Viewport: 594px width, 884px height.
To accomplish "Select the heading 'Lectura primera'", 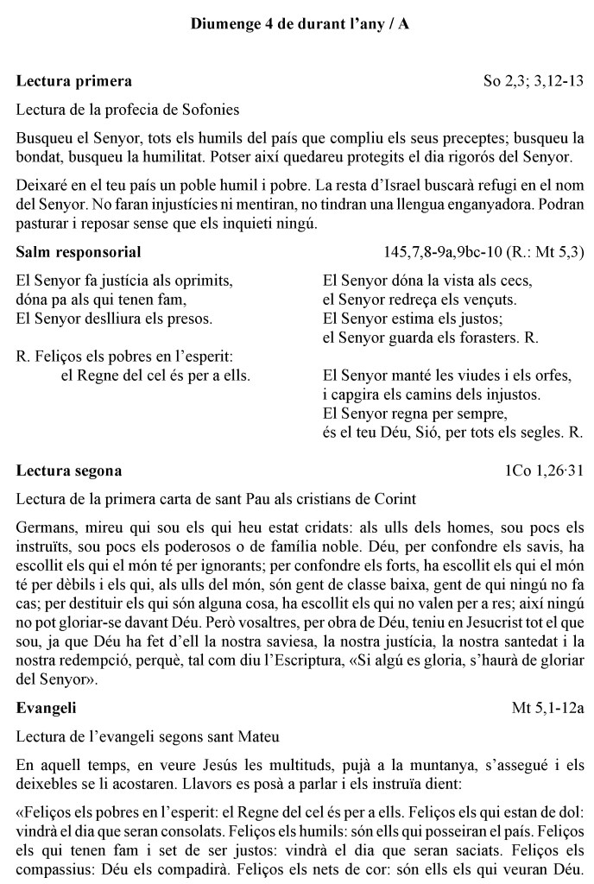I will click(74, 81).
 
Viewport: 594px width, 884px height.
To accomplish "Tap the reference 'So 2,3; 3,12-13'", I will click(534, 82).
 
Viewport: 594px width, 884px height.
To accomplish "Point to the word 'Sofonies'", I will click(213, 110).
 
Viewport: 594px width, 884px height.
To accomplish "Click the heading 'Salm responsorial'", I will click(79, 252).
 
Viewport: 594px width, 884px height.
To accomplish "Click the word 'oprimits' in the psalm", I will click(205, 281).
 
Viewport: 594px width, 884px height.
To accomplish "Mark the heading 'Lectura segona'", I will click(69, 470).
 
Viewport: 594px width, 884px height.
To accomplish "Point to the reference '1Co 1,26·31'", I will click(545, 471).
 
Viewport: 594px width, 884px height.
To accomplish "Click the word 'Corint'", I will click(393, 499).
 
